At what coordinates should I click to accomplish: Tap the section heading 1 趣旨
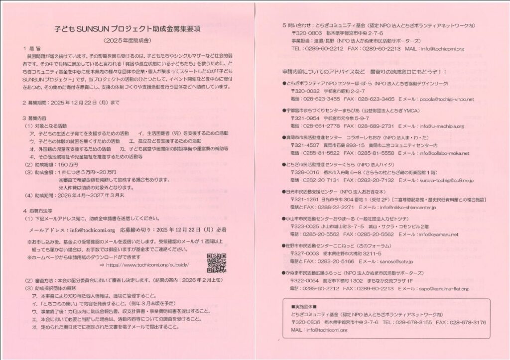point(30,49)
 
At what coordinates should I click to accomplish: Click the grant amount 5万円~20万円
point(97,171)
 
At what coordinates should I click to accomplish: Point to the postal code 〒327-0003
point(305,253)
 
